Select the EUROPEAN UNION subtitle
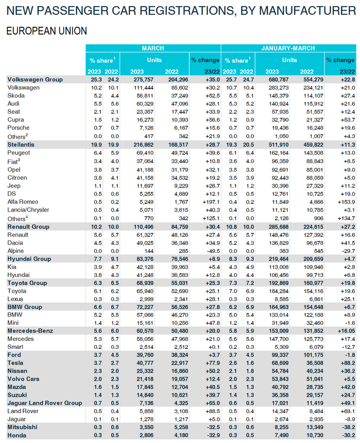click(x=46, y=31)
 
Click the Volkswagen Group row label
click(x=35, y=80)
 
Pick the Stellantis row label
click(x=21, y=145)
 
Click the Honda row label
click(x=17, y=435)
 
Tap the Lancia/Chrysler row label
click(x=29, y=210)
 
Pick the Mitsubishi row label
click(x=22, y=428)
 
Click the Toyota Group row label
click(x=28, y=283)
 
